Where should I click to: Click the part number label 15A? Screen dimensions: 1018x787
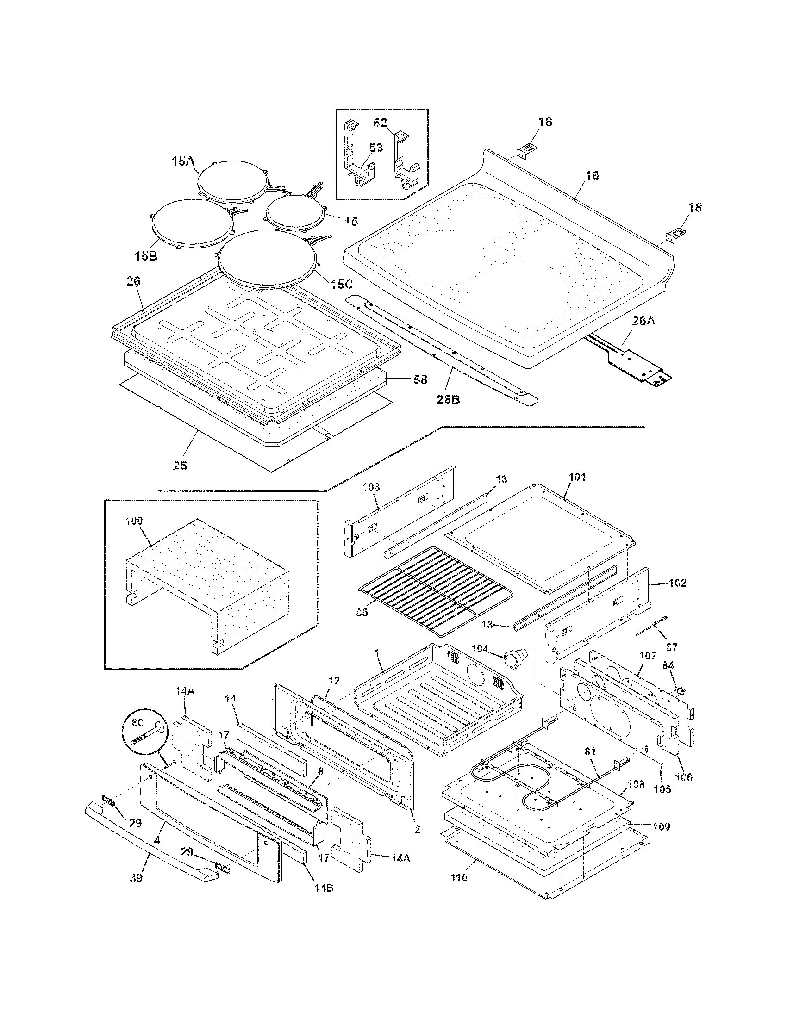coord(182,162)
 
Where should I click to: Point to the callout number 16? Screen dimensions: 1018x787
coord(592,176)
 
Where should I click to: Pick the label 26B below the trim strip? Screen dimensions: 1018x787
coord(448,399)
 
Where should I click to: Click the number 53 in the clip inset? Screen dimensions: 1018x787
coord(376,148)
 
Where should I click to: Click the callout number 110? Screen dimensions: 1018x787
coord(459,878)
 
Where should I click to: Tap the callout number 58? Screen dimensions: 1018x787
coord(420,379)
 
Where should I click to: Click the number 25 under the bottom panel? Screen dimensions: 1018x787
coord(180,465)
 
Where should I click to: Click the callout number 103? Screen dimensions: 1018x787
coord(371,487)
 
